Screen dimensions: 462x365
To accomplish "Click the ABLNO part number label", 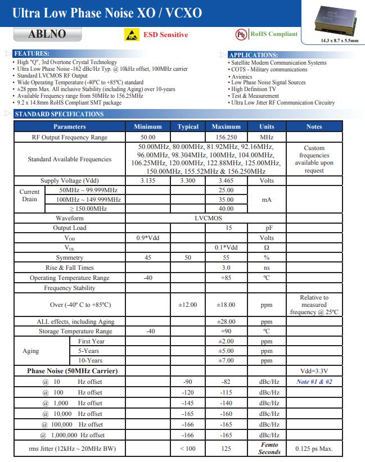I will [x=47, y=34].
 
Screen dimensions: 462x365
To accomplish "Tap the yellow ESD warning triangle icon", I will [x=132, y=35].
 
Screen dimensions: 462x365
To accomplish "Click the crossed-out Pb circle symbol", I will [x=241, y=34].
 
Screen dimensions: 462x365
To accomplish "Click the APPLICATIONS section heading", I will [x=253, y=55].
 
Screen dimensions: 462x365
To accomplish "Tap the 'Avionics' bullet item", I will [x=242, y=76].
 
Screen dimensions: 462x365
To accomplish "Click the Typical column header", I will [x=188, y=126].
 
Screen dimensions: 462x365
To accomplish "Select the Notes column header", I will [x=314, y=126].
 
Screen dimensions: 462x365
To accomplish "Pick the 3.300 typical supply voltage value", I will [x=188, y=180].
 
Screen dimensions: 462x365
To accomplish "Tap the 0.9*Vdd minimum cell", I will [x=148, y=238].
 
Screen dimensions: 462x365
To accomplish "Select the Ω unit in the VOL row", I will [x=267, y=247].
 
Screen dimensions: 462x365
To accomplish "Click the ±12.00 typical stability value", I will [x=188, y=305].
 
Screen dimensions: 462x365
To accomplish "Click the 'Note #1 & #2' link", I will [x=314, y=382].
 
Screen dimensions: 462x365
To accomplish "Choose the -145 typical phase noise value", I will [x=188, y=403].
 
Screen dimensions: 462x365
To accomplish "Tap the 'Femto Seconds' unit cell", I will [x=269, y=448].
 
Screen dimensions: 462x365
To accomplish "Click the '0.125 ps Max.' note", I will [x=314, y=449].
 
